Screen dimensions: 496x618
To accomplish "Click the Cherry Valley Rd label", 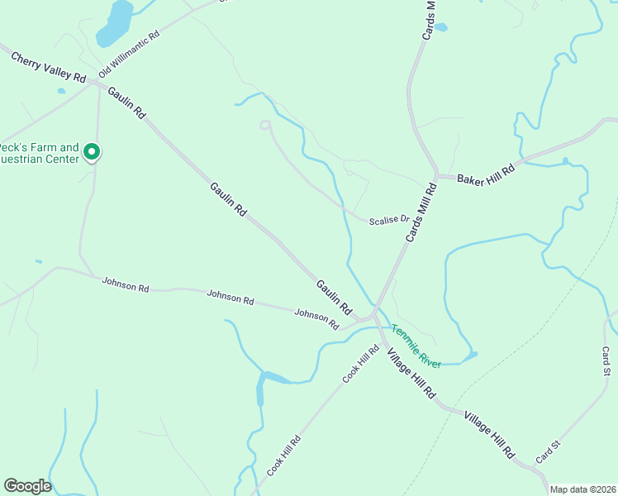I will click(x=48, y=67).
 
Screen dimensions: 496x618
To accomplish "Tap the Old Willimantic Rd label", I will click(x=128, y=55).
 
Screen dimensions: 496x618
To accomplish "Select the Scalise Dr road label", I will click(x=389, y=221).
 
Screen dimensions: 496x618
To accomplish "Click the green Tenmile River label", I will click(x=416, y=345).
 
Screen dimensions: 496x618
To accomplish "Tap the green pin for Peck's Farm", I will click(x=92, y=152).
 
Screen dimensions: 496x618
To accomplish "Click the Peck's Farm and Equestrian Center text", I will click(x=38, y=154).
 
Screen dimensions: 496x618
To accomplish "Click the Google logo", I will click(x=27, y=486).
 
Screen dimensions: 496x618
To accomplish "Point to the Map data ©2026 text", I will click(x=582, y=489).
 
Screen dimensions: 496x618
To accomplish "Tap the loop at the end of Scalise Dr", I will click(x=265, y=125).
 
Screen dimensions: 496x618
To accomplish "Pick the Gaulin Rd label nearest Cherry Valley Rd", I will click(x=126, y=101).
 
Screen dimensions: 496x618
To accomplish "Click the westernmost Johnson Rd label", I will click(x=125, y=285).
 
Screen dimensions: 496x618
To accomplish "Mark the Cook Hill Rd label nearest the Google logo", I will click(x=283, y=455).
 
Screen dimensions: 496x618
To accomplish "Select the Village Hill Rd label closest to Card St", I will click(x=489, y=435).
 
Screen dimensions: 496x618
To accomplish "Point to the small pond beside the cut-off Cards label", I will click(x=440, y=27).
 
